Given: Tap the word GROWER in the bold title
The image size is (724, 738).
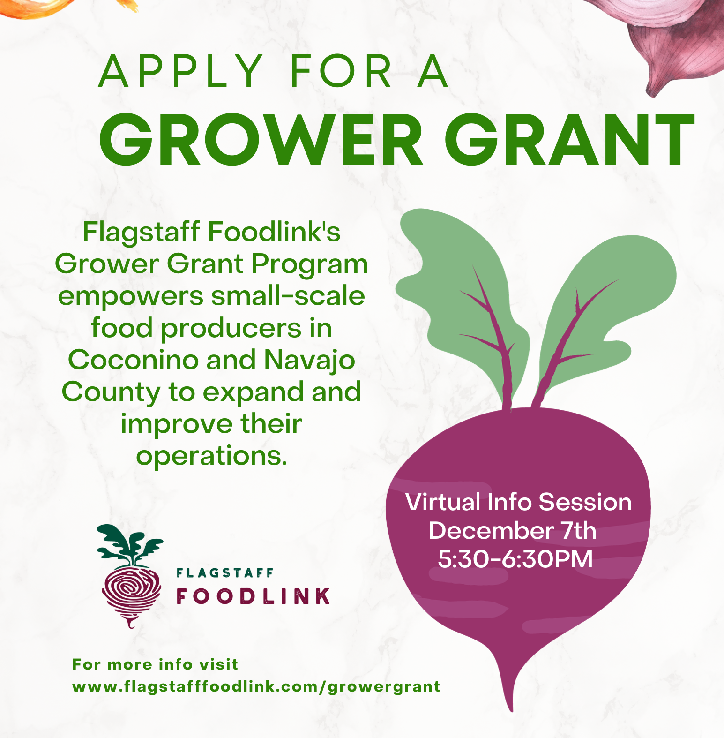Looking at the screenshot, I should (260, 140).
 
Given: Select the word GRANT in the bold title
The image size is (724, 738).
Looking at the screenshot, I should (569, 140).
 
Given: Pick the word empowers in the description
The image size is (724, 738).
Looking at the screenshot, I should (131, 296).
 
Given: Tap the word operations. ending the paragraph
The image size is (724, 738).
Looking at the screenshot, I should (211, 456).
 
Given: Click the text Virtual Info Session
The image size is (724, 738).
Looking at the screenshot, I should (518, 502).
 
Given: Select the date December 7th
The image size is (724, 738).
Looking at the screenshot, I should (512, 531).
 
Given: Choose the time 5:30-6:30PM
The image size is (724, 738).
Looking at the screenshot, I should (515, 559).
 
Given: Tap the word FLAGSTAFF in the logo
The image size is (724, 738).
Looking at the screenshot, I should (225, 573).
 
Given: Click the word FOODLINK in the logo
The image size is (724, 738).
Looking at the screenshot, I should (254, 596).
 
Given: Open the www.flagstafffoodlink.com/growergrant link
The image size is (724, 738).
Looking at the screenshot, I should (256, 687).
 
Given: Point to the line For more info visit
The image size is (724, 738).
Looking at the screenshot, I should (155, 664).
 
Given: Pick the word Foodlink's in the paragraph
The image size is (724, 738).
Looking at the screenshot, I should (274, 232).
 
